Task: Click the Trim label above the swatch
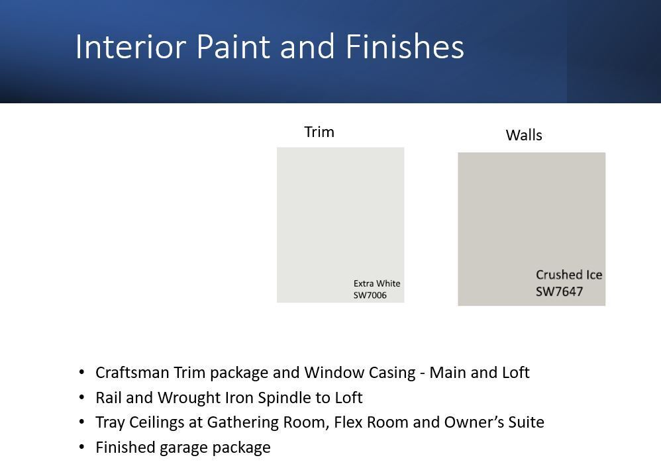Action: pos(319,132)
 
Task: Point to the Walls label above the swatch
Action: pos(524,135)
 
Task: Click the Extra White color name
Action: pos(377,283)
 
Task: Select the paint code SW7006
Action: pos(370,295)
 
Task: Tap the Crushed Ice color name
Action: pos(569,275)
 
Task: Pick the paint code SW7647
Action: pos(560,291)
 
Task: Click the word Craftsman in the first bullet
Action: pos(132,372)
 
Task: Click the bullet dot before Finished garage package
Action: pos(81,447)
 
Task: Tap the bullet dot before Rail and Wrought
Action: pos(81,397)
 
